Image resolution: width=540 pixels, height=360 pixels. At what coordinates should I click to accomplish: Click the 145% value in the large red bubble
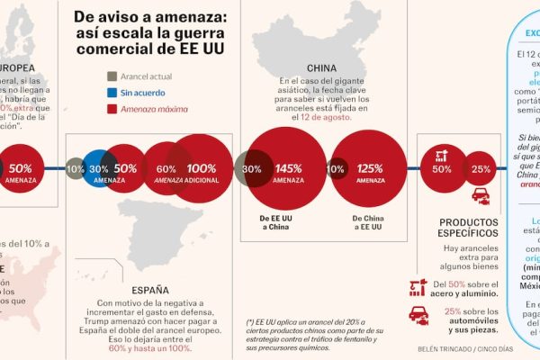tap(288, 168)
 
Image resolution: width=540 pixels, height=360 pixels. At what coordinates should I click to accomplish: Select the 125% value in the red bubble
tap(369, 168)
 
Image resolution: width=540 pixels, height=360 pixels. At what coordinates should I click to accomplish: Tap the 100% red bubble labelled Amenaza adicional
tap(202, 168)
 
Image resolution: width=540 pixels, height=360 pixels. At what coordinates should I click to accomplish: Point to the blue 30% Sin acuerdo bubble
tap(99, 168)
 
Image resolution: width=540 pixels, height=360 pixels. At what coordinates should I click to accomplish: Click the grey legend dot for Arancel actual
tap(112, 76)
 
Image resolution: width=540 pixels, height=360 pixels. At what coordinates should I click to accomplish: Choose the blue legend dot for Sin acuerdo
tap(112, 93)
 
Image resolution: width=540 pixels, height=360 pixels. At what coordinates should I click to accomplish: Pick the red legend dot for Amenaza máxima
tap(112, 110)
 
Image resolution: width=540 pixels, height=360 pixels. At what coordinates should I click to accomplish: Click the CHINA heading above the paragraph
tap(321, 67)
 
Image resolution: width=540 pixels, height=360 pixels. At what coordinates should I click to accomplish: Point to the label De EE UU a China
tap(275, 223)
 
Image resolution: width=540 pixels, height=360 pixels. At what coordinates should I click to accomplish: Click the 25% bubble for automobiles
tap(481, 168)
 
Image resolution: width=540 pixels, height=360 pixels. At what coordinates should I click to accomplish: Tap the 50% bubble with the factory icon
tap(442, 167)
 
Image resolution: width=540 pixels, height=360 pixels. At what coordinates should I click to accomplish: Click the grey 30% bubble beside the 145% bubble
tap(251, 168)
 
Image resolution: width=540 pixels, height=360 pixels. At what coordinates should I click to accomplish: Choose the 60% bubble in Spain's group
tap(166, 168)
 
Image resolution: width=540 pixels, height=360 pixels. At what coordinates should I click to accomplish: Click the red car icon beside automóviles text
tap(418, 314)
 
